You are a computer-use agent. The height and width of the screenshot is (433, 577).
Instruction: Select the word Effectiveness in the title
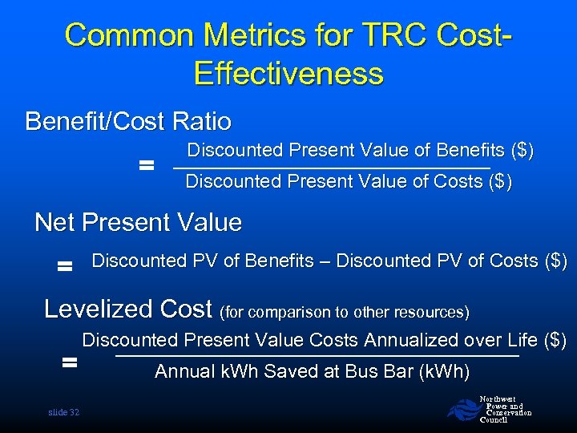(288, 74)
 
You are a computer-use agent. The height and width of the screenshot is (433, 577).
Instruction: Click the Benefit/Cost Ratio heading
(128, 122)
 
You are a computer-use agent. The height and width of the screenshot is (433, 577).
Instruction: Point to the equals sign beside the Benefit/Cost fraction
(146, 166)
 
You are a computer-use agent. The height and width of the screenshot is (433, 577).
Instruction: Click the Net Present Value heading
(138, 222)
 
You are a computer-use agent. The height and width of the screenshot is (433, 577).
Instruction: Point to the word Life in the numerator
(523, 341)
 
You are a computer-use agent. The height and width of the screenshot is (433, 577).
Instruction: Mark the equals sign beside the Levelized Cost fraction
(70, 363)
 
